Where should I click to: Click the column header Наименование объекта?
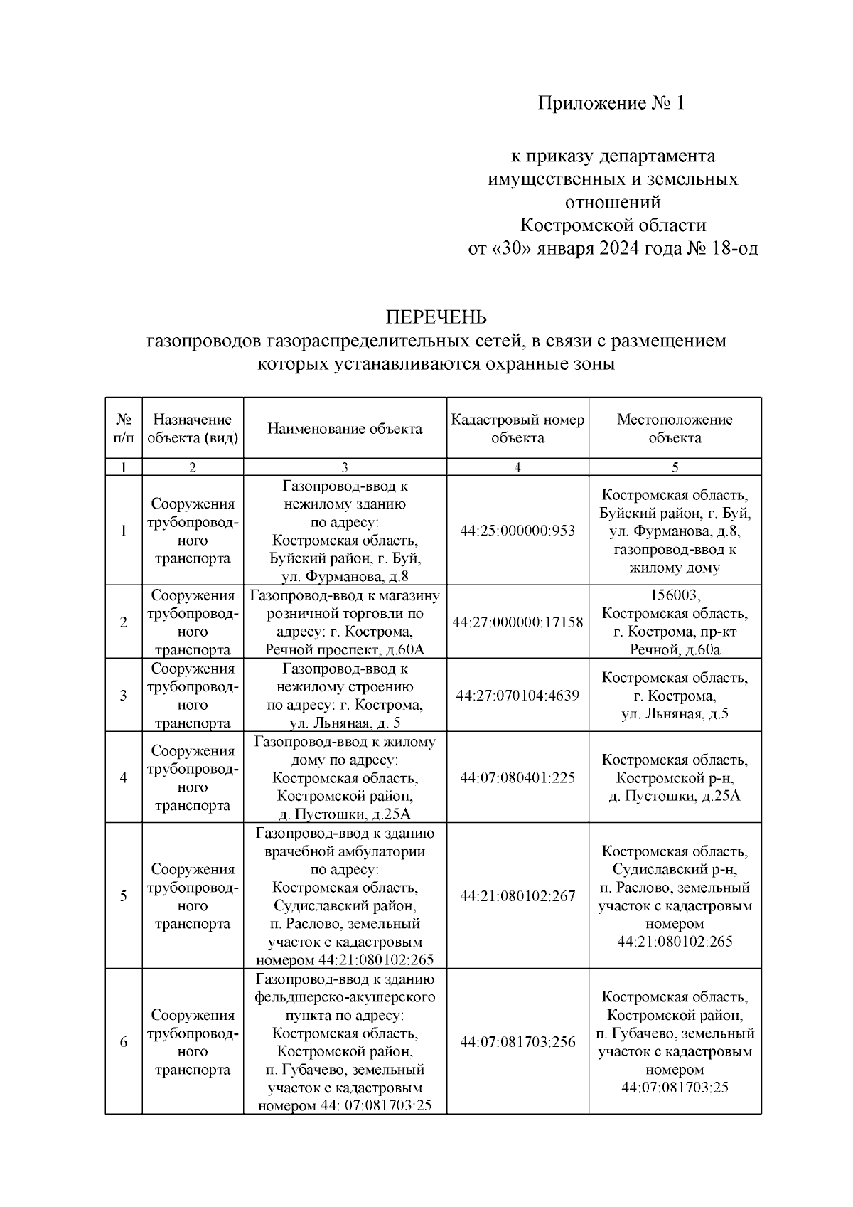[x=345, y=428]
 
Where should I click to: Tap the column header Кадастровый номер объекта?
[x=517, y=428]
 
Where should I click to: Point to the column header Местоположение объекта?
[x=675, y=428]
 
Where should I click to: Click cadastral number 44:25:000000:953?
[x=517, y=531]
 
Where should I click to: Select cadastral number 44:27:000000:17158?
[x=517, y=622]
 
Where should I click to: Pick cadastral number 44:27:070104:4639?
[x=517, y=696]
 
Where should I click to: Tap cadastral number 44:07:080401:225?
[x=517, y=777]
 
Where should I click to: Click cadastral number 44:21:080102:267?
[x=517, y=896]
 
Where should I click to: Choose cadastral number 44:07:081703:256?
[x=517, y=1042]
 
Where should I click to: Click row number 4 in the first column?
[x=124, y=777]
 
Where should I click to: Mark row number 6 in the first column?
[x=124, y=1042]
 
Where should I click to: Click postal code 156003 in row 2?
[x=675, y=595]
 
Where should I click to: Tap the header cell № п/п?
[x=124, y=428]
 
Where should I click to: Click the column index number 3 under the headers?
[x=345, y=467]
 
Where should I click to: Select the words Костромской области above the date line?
[x=613, y=225]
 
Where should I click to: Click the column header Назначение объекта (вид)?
[x=193, y=428]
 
